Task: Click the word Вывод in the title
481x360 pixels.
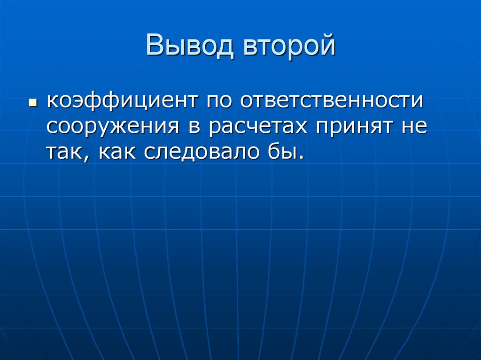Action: pyautogui.click(x=189, y=47)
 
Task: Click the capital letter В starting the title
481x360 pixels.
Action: pyautogui.click(x=154, y=47)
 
